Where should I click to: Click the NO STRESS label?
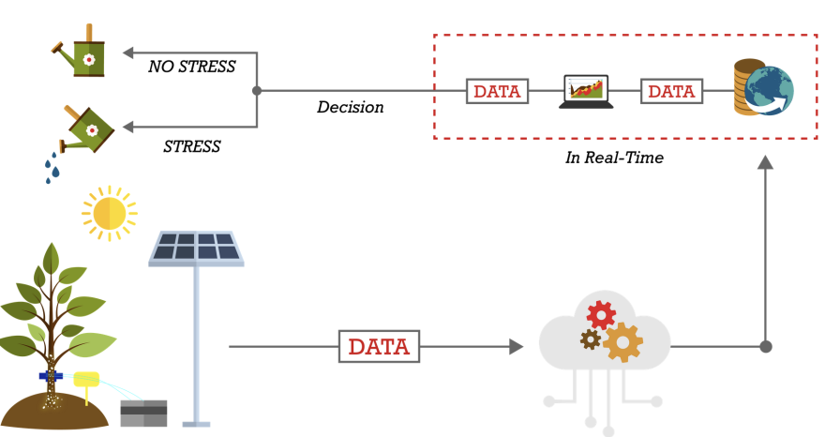pos(191,67)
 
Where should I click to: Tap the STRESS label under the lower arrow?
pos(191,146)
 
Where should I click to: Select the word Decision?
pos(351,108)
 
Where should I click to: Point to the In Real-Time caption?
pos(614,158)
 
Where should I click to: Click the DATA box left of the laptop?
pos(497,91)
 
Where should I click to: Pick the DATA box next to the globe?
pos(671,91)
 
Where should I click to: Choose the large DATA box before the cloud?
pos(379,346)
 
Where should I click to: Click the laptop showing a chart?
pos(586,92)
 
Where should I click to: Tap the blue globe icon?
pos(769,91)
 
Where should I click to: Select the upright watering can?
pos(82,52)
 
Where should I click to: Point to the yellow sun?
pos(110,213)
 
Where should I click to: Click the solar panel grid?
pos(196,248)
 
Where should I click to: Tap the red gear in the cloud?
pos(601,315)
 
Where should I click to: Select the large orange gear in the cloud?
pos(622,343)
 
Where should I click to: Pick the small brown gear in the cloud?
pos(591,339)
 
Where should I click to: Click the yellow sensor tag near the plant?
pos(86,380)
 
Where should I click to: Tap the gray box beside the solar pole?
pos(143,414)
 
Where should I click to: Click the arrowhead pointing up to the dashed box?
pos(766,162)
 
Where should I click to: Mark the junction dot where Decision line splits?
pos(257,91)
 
